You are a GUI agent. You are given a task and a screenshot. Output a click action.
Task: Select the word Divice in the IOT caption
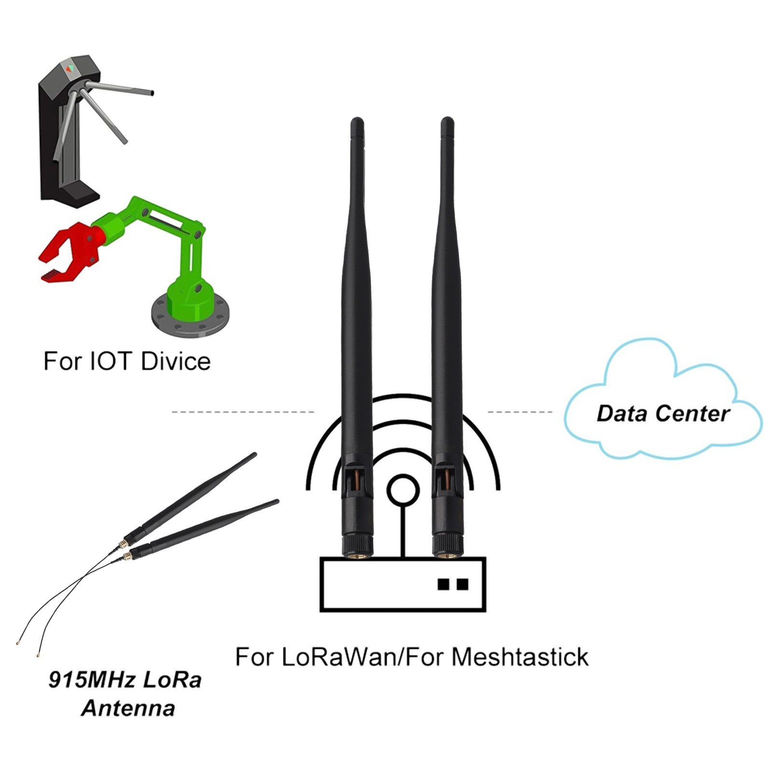tap(176, 361)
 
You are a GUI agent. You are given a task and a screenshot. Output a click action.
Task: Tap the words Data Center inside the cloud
tap(663, 414)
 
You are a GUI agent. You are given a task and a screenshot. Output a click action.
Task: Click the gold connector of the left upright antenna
tap(358, 555)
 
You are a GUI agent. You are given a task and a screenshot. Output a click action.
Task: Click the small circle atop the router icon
tap(403, 490)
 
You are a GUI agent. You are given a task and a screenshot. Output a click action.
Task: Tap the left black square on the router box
tap(443, 584)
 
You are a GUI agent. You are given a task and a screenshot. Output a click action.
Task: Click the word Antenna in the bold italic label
tap(128, 708)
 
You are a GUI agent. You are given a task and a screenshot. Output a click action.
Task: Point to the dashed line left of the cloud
tap(520, 412)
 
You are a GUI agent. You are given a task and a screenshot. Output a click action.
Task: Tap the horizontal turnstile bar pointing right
tap(121, 88)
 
